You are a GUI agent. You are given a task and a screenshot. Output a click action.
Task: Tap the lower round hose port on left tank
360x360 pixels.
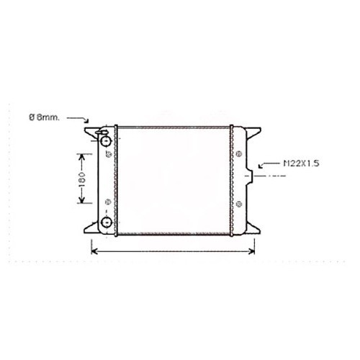tap(107, 223)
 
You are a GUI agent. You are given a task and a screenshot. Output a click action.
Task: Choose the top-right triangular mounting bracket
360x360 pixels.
tap(253, 136)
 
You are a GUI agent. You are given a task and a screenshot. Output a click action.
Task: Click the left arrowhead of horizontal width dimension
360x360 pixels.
tap(93, 251)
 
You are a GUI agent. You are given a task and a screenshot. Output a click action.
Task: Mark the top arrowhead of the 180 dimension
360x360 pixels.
tap(81, 156)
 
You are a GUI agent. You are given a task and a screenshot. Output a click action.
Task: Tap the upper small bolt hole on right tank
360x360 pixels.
tap(238, 153)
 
